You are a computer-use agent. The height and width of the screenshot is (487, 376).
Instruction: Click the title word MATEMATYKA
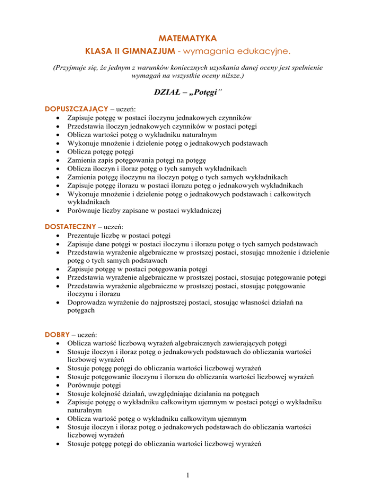tap(188, 37)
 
